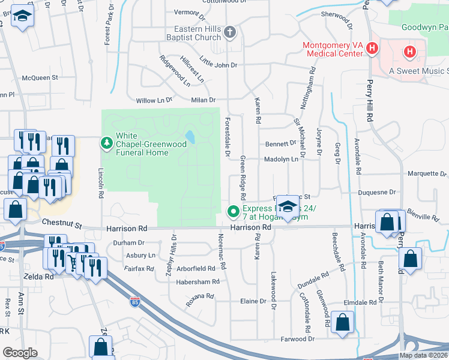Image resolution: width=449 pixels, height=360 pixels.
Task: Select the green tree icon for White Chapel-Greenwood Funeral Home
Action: pyautogui.click(x=106, y=143)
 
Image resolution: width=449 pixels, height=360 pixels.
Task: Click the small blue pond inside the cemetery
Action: pyautogui.click(x=191, y=137)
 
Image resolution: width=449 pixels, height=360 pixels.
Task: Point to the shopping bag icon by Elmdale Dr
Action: pyautogui.click(x=342, y=322)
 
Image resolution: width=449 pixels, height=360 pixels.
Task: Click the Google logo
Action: pyautogui.click(x=20, y=353)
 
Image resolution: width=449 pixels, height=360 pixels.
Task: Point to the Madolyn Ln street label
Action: pyautogui.click(x=282, y=159)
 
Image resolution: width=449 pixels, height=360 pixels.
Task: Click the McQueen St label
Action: pyautogui.click(x=40, y=77)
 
